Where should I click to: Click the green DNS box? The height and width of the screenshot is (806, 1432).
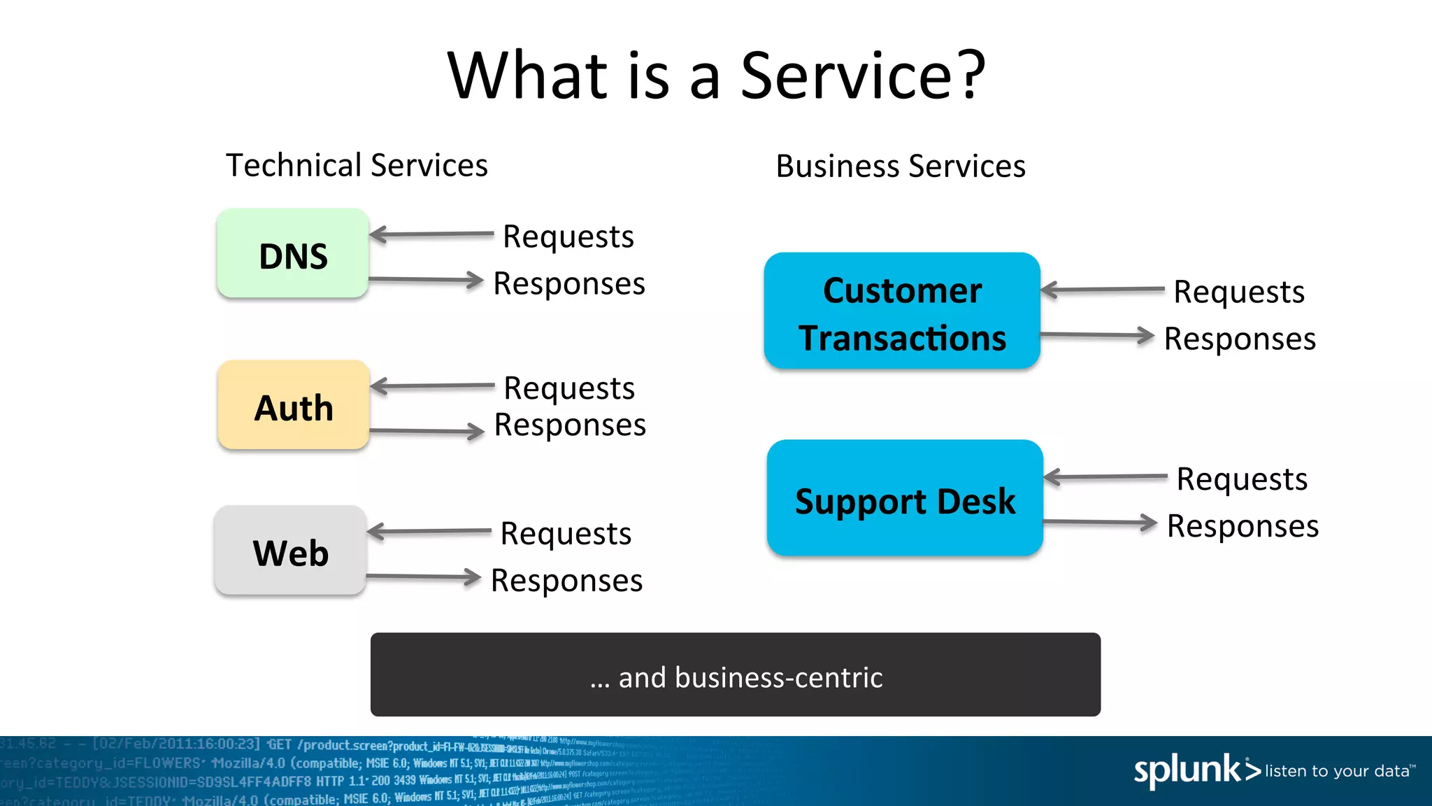(x=292, y=254)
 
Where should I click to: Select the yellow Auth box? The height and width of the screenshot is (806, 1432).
(x=293, y=406)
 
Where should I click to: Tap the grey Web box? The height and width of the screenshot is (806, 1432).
(x=290, y=551)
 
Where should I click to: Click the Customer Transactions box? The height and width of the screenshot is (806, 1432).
(x=902, y=311)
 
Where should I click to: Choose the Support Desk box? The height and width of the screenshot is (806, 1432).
(x=905, y=499)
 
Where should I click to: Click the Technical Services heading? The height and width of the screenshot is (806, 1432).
(x=357, y=166)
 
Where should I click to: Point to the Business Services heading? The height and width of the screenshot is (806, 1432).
(x=901, y=167)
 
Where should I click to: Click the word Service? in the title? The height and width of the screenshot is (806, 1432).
(x=862, y=76)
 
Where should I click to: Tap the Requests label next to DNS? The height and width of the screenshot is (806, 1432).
(x=568, y=237)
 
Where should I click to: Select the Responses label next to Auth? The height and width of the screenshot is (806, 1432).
(x=570, y=425)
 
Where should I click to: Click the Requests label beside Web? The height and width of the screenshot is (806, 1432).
(x=566, y=534)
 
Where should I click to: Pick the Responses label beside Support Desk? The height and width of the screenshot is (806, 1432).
(x=1243, y=526)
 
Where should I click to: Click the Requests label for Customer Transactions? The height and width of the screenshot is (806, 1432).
(x=1239, y=292)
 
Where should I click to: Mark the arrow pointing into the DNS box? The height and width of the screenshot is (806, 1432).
(x=431, y=234)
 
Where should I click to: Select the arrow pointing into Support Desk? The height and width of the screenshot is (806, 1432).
(x=1105, y=477)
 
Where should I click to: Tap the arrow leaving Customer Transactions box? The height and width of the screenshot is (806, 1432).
(x=1097, y=336)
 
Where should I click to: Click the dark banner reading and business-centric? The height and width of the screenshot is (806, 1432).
(x=735, y=675)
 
